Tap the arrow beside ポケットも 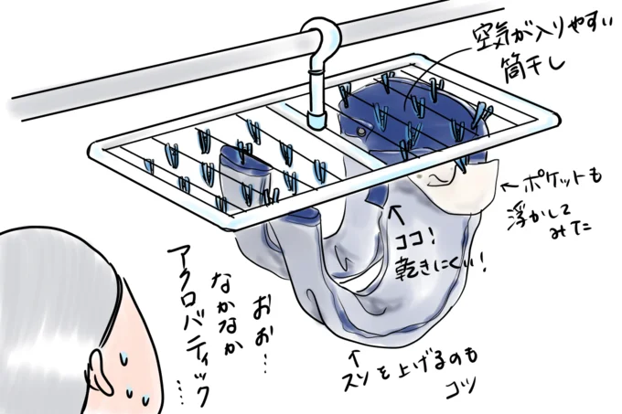pyautogui.click(x=510, y=186)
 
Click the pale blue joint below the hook pyautogui.click(x=316, y=119)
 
